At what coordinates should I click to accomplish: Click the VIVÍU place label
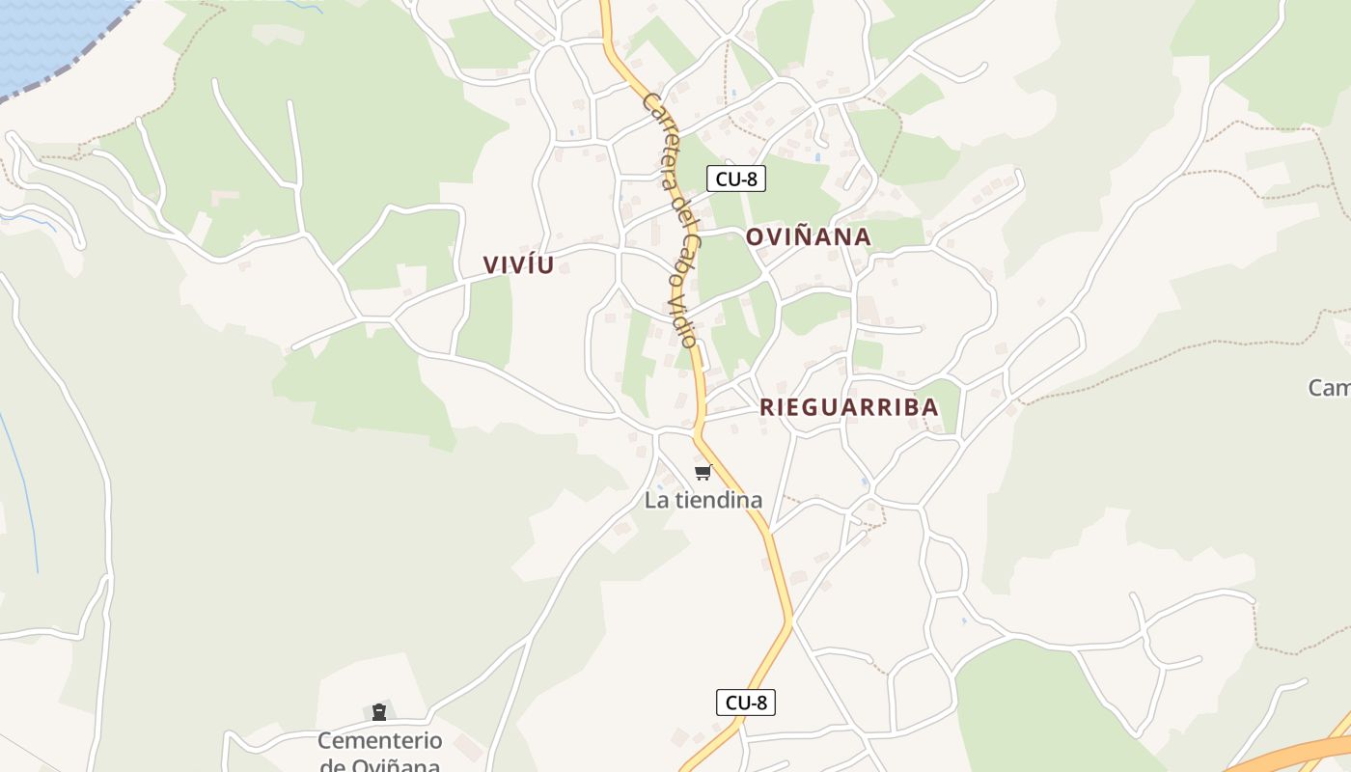(x=518, y=265)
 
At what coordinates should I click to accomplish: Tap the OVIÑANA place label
(x=808, y=237)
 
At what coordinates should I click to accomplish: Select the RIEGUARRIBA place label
(x=848, y=407)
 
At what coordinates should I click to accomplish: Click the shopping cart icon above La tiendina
(x=703, y=472)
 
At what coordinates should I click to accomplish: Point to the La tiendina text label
(x=703, y=500)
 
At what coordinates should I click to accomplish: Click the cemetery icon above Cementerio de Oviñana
(x=379, y=712)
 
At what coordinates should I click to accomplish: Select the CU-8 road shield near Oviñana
(x=735, y=179)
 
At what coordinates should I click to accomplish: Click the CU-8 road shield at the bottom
(x=745, y=703)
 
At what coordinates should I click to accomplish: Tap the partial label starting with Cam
(x=1329, y=388)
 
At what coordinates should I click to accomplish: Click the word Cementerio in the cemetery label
(x=379, y=741)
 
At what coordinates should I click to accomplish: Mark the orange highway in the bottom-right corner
(x=1293, y=755)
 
